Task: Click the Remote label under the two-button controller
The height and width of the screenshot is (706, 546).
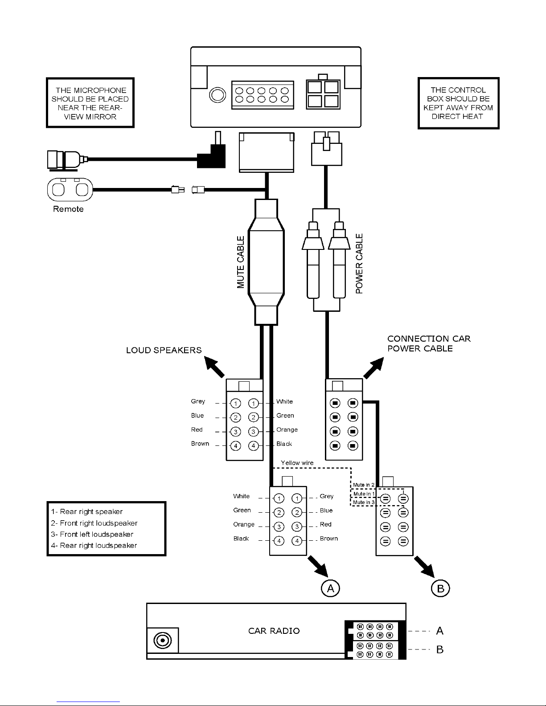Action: pyautogui.click(x=68, y=209)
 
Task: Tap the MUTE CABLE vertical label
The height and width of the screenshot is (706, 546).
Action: pyautogui.click(x=241, y=262)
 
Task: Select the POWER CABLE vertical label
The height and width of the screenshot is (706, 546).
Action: pyautogui.click(x=359, y=264)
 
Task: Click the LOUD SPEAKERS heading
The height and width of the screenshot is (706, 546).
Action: pyautogui.click(x=164, y=350)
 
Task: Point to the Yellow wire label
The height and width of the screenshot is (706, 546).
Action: pyautogui.click(x=297, y=463)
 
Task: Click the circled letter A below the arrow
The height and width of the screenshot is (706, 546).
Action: pyautogui.click(x=330, y=588)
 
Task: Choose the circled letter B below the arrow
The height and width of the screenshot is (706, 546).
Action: pyautogui.click(x=440, y=588)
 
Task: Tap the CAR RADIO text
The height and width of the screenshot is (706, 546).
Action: pyautogui.click(x=274, y=631)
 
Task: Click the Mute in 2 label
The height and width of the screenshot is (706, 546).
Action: pyautogui.click(x=364, y=485)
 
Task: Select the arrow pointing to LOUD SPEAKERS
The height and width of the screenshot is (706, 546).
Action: pyautogui.click(x=214, y=367)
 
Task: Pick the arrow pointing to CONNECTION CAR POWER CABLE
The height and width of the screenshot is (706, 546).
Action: pyautogui.click(x=374, y=368)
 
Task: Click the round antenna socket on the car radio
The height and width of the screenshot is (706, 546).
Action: pyautogui.click(x=163, y=641)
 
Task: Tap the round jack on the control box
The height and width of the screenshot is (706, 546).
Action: pyautogui.click(x=218, y=95)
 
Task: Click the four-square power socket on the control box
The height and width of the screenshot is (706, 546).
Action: pyautogui.click(x=323, y=94)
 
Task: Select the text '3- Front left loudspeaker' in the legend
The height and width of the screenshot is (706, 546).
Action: pyautogui.click(x=92, y=534)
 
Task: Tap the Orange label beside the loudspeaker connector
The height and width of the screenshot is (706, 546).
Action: pyautogui.click(x=287, y=429)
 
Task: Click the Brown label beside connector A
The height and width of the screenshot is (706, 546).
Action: pyautogui.click(x=329, y=539)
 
